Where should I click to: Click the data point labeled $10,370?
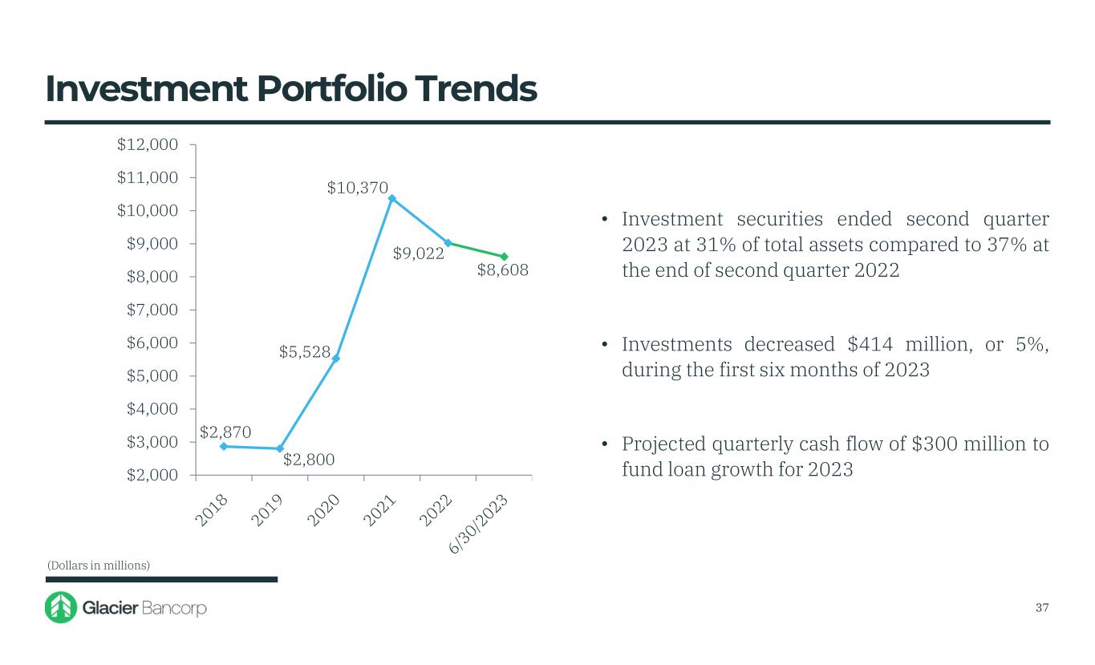(x=391, y=198)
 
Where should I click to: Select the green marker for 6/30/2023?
(x=504, y=257)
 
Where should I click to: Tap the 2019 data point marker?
(x=280, y=449)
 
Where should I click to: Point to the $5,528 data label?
(x=305, y=351)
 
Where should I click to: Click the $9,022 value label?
(x=418, y=254)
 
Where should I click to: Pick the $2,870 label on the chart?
(x=225, y=432)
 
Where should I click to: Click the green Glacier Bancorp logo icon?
(x=59, y=608)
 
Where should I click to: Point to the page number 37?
(x=1041, y=607)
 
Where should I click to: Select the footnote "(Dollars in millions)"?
(x=98, y=566)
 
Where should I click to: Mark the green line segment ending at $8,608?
(x=476, y=249)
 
